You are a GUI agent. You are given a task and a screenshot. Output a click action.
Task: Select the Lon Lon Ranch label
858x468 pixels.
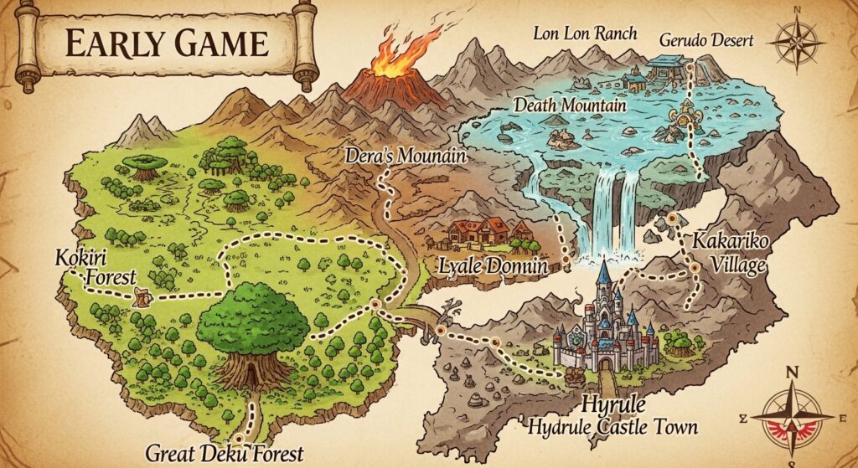[586, 33]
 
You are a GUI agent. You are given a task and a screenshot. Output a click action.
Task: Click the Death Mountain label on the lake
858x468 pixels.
[559, 106]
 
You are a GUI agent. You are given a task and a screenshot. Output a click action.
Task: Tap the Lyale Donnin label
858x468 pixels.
[494, 268]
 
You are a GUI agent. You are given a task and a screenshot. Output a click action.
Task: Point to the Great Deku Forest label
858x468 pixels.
[225, 453]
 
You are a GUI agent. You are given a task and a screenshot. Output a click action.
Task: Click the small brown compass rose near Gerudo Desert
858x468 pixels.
[796, 43]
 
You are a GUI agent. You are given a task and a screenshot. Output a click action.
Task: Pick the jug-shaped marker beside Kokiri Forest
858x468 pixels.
[142, 295]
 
